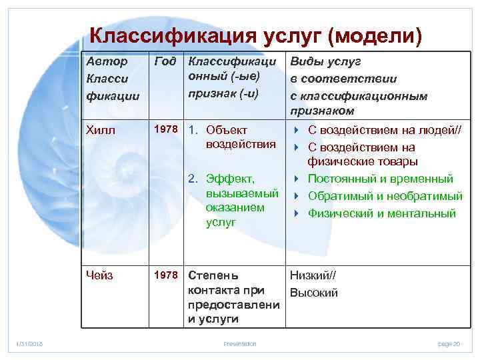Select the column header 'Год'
(165, 62)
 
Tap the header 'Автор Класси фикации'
(112, 78)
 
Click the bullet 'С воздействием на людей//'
(383, 130)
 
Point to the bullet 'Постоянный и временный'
(380, 179)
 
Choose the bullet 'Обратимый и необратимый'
(384, 196)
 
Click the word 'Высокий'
(313, 293)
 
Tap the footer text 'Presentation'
(239, 344)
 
